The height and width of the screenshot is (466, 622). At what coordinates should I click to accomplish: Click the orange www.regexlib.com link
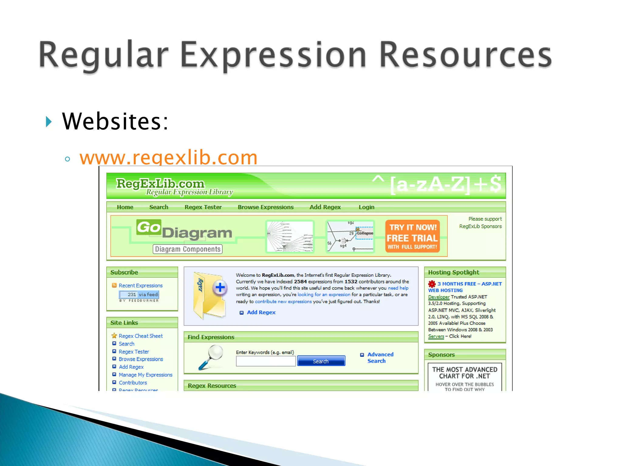click(x=168, y=157)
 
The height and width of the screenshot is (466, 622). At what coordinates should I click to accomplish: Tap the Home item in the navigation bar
click(x=125, y=207)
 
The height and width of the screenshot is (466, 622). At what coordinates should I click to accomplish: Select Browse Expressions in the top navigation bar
click(x=265, y=207)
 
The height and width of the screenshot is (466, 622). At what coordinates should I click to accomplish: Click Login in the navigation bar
click(x=366, y=207)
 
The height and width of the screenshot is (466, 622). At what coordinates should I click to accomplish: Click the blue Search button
click(x=321, y=361)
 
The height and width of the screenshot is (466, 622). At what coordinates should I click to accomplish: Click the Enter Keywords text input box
click(x=265, y=361)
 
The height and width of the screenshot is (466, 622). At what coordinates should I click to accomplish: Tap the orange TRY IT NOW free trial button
click(x=412, y=236)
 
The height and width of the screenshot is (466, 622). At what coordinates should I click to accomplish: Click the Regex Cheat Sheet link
click(x=141, y=336)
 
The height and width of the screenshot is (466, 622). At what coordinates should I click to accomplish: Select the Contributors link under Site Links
click(x=133, y=383)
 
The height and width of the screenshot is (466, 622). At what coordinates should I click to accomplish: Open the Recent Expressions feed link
click(x=141, y=285)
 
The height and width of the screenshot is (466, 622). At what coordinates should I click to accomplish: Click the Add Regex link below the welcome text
click(x=261, y=312)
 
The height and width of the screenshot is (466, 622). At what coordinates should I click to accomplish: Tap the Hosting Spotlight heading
click(x=453, y=272)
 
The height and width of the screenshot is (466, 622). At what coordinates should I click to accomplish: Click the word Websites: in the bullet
click(x=115, y=122)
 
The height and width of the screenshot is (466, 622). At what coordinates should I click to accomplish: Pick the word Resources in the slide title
click(x=465, y=55)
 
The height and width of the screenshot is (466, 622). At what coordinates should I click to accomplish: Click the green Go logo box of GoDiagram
click(x=149, y=227)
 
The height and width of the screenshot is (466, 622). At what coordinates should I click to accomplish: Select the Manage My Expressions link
click(x=145, y=375)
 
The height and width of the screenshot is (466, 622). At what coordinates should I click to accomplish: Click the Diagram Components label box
click(x=187, y=249)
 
